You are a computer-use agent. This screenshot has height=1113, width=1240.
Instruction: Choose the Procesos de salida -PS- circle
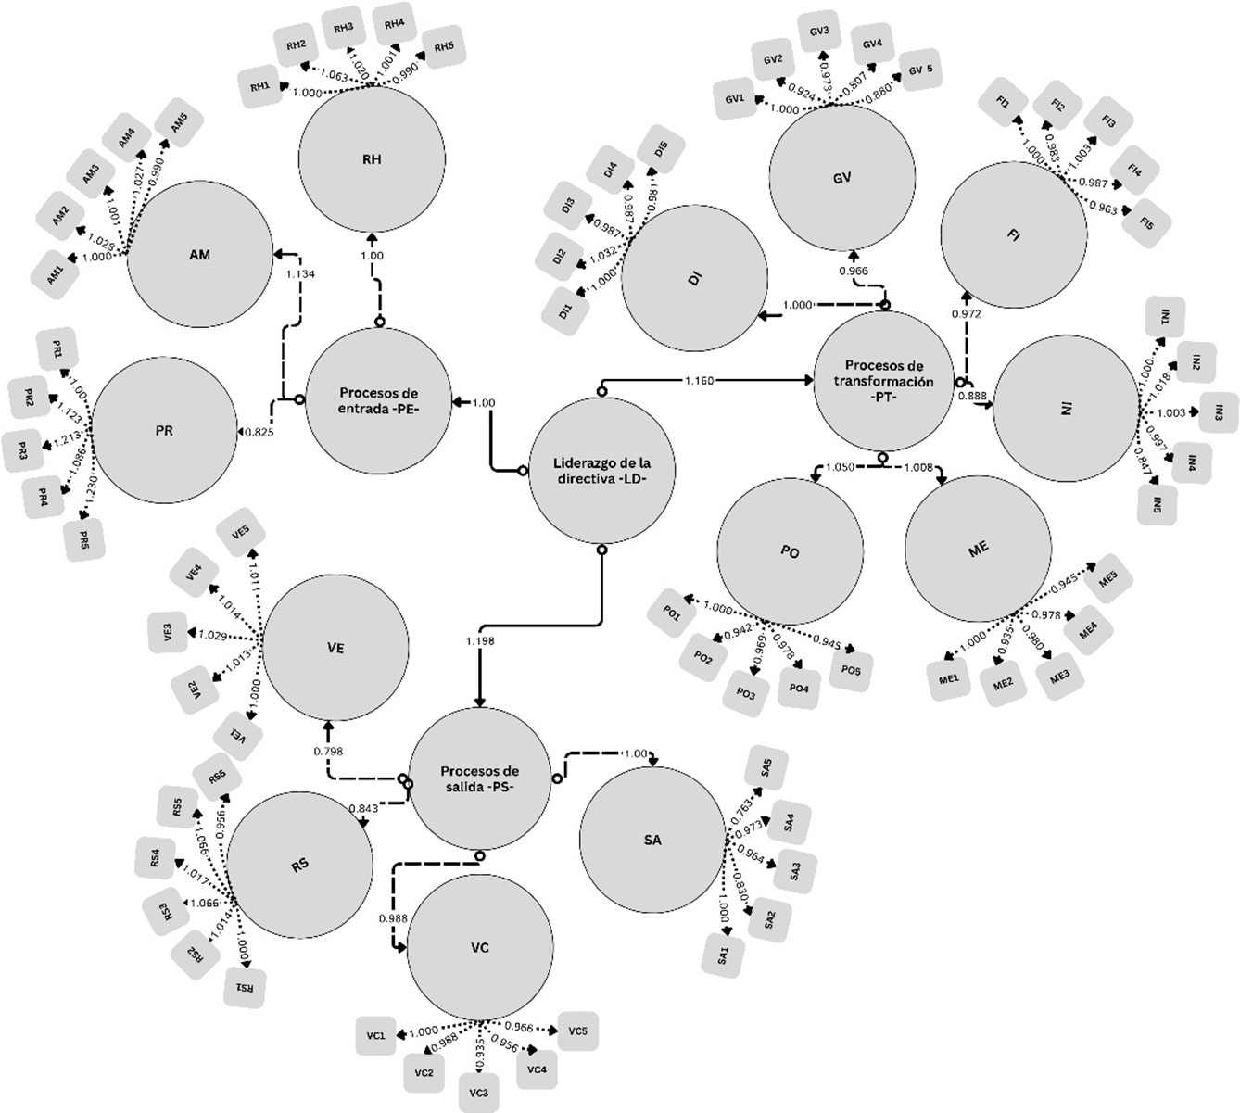click(479, 778)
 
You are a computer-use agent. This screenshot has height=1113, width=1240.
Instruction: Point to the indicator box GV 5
click(920, 70)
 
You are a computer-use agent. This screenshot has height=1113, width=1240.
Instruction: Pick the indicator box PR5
click(84, 539)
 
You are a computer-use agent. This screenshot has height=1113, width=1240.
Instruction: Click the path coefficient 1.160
click(700, 380)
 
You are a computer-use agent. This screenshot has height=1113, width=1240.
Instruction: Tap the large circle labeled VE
click(335, 649)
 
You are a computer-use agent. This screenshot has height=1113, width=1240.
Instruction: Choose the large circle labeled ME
click(978, 549)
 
